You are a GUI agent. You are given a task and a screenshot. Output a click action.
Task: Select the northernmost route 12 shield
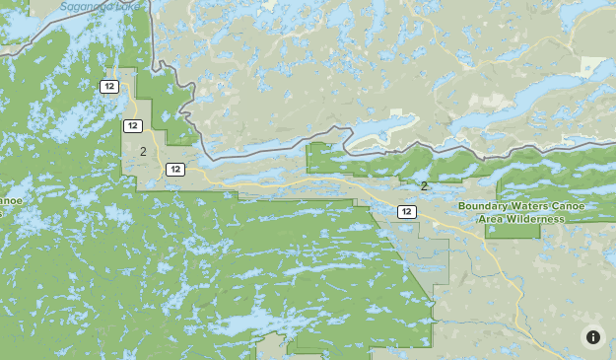[109, 87]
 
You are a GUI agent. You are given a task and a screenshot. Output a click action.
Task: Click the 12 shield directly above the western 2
[133, 125]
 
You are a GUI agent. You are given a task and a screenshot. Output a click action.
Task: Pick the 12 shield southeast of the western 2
[175, 169]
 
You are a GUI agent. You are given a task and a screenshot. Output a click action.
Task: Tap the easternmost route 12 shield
[406, 211]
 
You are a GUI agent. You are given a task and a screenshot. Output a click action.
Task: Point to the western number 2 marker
[143, 151]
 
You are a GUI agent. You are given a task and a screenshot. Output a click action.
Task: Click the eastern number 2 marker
[424, 185]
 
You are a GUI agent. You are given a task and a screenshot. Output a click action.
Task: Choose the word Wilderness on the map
[537, 219]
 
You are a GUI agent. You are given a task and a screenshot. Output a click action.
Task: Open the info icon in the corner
[593, 336]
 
